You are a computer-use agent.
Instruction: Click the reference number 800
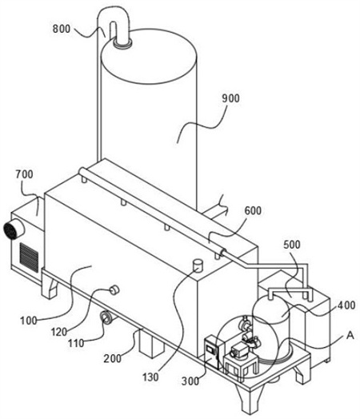(62, 29)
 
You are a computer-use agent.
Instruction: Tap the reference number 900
(231, 98)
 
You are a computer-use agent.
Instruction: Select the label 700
(24, 174)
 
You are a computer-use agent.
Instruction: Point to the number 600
(253, 210)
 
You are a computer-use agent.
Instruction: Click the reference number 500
(292, 245)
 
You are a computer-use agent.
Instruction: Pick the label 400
(346, 305)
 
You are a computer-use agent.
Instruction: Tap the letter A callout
(350, 335)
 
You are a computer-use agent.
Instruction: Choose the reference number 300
(190, 381)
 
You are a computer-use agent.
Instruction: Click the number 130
(150, 377)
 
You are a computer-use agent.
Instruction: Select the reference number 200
(113, 358)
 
